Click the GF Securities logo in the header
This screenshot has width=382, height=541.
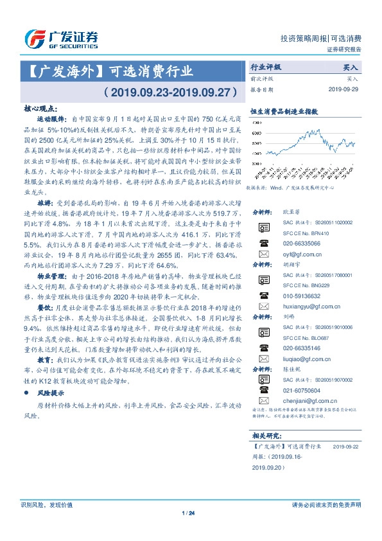click(x=61, y=39)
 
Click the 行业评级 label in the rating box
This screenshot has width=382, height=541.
click(x=265, y=67)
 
